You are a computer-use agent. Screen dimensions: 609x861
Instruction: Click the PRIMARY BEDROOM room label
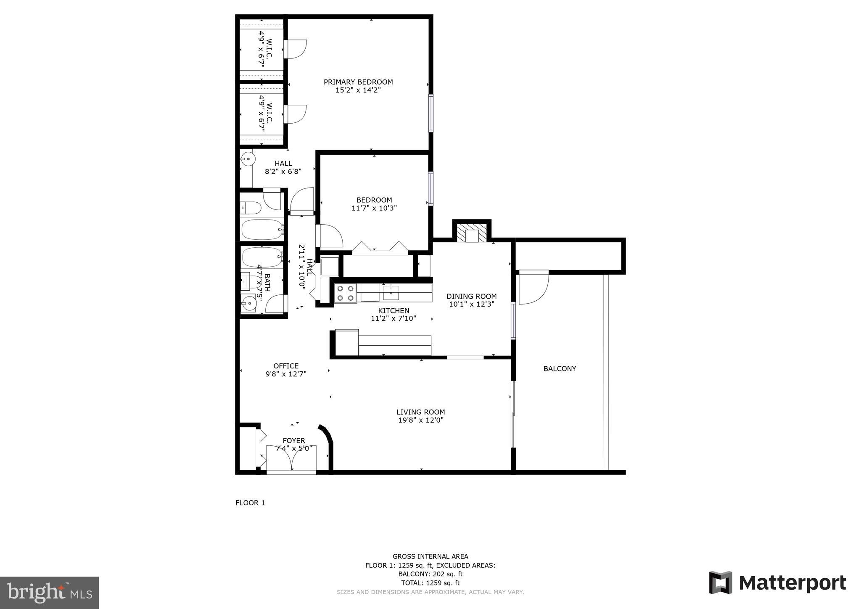358,82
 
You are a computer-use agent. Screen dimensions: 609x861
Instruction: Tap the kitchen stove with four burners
345,293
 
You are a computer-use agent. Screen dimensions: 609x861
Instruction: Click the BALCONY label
560,369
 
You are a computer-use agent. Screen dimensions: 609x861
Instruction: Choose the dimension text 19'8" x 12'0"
420,420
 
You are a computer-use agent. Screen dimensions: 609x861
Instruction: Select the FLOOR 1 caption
250,503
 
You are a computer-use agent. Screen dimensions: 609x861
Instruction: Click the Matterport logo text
792,583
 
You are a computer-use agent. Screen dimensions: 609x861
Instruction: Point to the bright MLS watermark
49,593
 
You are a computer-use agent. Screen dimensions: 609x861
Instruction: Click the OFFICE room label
286,366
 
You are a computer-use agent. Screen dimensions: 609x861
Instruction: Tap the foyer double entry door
291,463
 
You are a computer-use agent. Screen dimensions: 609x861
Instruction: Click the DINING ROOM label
471,297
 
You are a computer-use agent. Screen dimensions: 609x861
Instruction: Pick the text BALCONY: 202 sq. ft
430,574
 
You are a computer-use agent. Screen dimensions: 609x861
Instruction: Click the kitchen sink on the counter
391,292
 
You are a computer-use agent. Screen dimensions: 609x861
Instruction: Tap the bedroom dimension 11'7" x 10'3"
374,208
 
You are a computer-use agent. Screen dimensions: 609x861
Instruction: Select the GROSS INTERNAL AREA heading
430,556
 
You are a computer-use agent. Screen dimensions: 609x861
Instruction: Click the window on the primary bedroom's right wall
430,113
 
